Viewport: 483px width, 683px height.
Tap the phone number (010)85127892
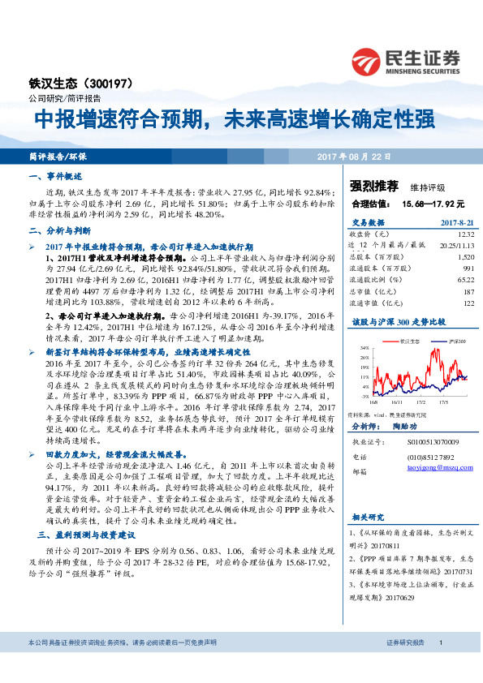423,457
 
